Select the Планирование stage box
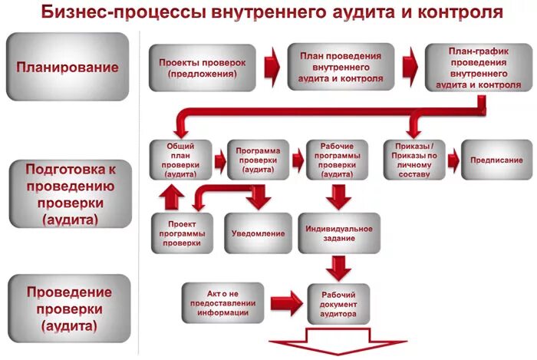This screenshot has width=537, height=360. (x=68, y=67)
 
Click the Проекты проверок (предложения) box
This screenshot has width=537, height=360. (x=198, y=68)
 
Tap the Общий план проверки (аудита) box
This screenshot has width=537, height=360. (x=180, y=159)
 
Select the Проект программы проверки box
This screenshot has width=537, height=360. (x=182, y=231)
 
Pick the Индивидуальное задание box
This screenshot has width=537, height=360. (x=338, y=233)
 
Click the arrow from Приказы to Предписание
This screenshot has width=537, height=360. (x=452, y=160)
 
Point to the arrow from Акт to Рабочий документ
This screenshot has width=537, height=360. (x=285, y=302)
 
